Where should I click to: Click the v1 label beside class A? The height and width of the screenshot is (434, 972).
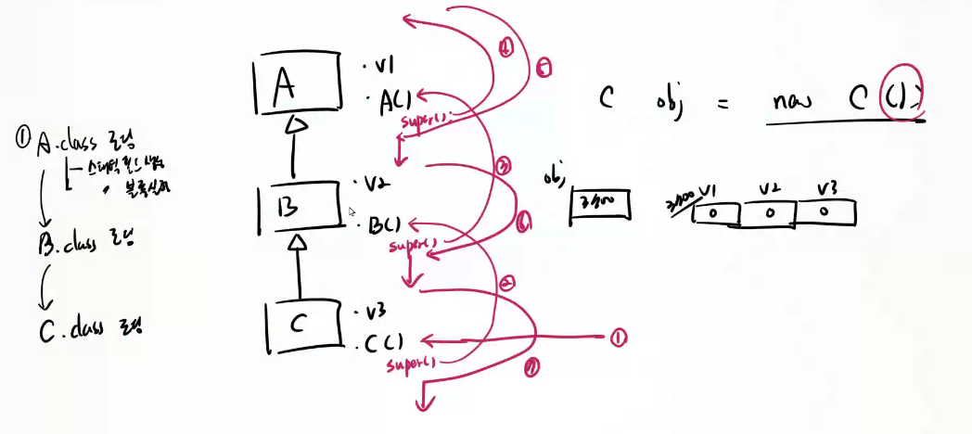(380, 66)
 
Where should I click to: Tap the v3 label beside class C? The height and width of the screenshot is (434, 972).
(376, 312)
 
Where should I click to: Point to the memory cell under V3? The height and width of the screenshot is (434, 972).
(823, 212)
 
